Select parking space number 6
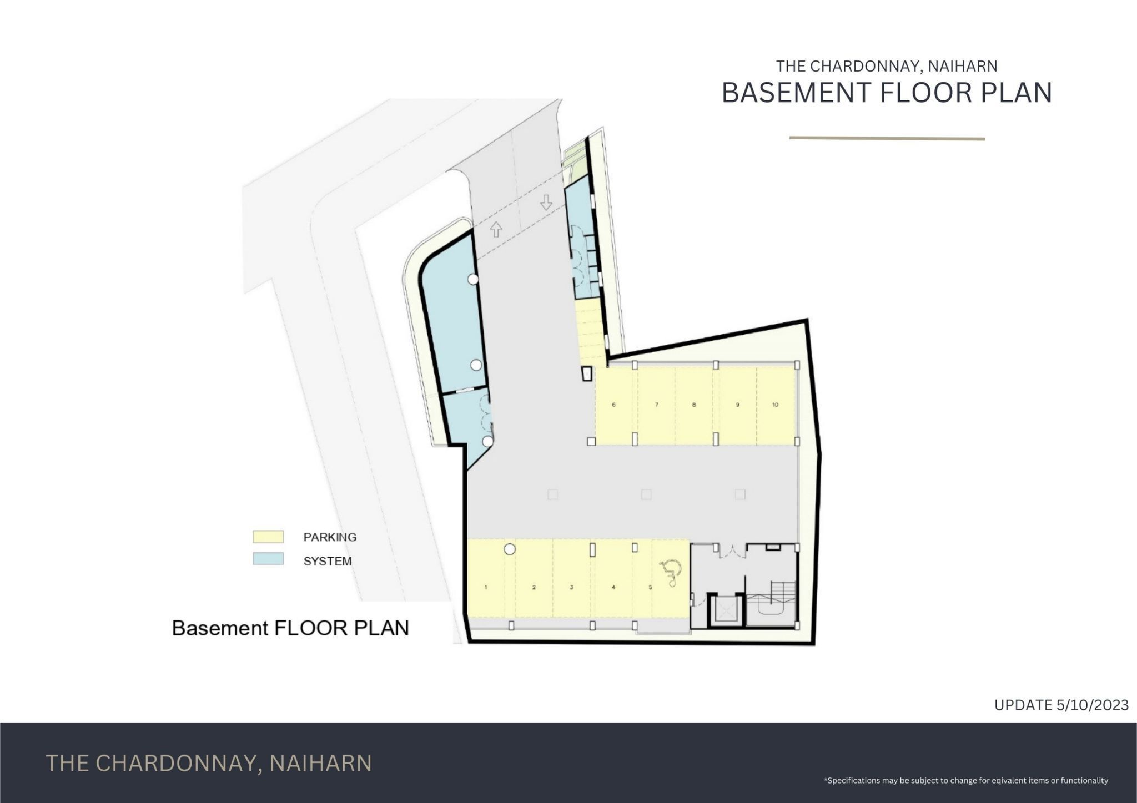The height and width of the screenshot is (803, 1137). click(x=614, y=405)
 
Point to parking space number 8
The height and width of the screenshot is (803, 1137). click(x=694, y=405)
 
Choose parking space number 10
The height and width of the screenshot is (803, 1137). click(x=776, y=405)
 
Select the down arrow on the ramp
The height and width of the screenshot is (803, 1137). click(x=546, y=202)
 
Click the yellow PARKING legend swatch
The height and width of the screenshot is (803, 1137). click(x=268, y=537)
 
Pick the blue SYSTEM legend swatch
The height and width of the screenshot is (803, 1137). click(x=268, y=559)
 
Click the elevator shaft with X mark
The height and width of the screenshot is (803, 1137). click(x=726, y=611)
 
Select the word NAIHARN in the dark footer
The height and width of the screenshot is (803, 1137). click(x=320, y=763)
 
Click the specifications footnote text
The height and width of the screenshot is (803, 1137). click(x=966, y=780)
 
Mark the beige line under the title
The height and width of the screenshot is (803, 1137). click(x=887, y=138)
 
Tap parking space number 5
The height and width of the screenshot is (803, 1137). click(x=651, y=587)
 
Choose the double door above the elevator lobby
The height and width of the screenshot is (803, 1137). click(x=730, y=551)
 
